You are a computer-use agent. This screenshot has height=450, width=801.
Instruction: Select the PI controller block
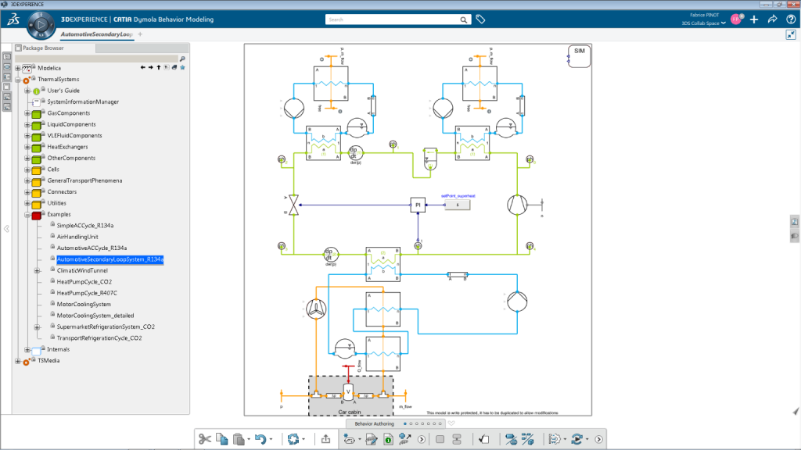coord(418,205)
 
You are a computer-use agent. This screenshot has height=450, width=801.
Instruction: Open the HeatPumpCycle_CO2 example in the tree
coord(84,281)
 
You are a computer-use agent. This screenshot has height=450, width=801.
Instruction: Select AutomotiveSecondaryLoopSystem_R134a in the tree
coord(110,259)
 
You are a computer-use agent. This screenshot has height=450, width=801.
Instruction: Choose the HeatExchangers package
coord(67,147)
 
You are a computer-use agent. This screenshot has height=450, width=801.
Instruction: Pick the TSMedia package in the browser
coord(48,361)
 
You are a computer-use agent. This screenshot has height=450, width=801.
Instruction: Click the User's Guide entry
coord(63,91)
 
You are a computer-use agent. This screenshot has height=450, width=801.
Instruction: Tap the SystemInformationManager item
coord(83,102)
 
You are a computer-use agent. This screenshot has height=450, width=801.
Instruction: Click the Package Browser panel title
coord(43,48)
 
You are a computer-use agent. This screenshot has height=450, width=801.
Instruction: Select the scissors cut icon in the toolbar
coord(205,439)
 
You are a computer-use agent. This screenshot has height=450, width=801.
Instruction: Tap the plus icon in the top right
coord(754,20)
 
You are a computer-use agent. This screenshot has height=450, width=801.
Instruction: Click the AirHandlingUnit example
coord(77,236)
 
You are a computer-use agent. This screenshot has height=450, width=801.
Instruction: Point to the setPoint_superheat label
coord(458,195)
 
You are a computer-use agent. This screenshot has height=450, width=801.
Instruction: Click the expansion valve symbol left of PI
coord(294,205)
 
